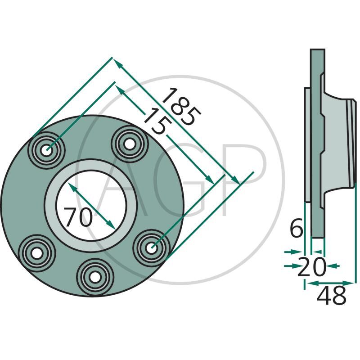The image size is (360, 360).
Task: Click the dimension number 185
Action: pos(181,107)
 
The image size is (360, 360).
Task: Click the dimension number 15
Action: pos(157,121)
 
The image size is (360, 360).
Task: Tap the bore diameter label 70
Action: pos(78,217)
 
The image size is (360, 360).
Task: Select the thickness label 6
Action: pos(297,229)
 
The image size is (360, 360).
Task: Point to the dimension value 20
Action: pos(312,267)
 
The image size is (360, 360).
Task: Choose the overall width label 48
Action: pos(332,296)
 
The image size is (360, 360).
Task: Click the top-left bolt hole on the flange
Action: pos(47,150)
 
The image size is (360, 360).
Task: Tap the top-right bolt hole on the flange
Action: pos(130,144)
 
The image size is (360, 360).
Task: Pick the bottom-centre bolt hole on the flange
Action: pos(95,277)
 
